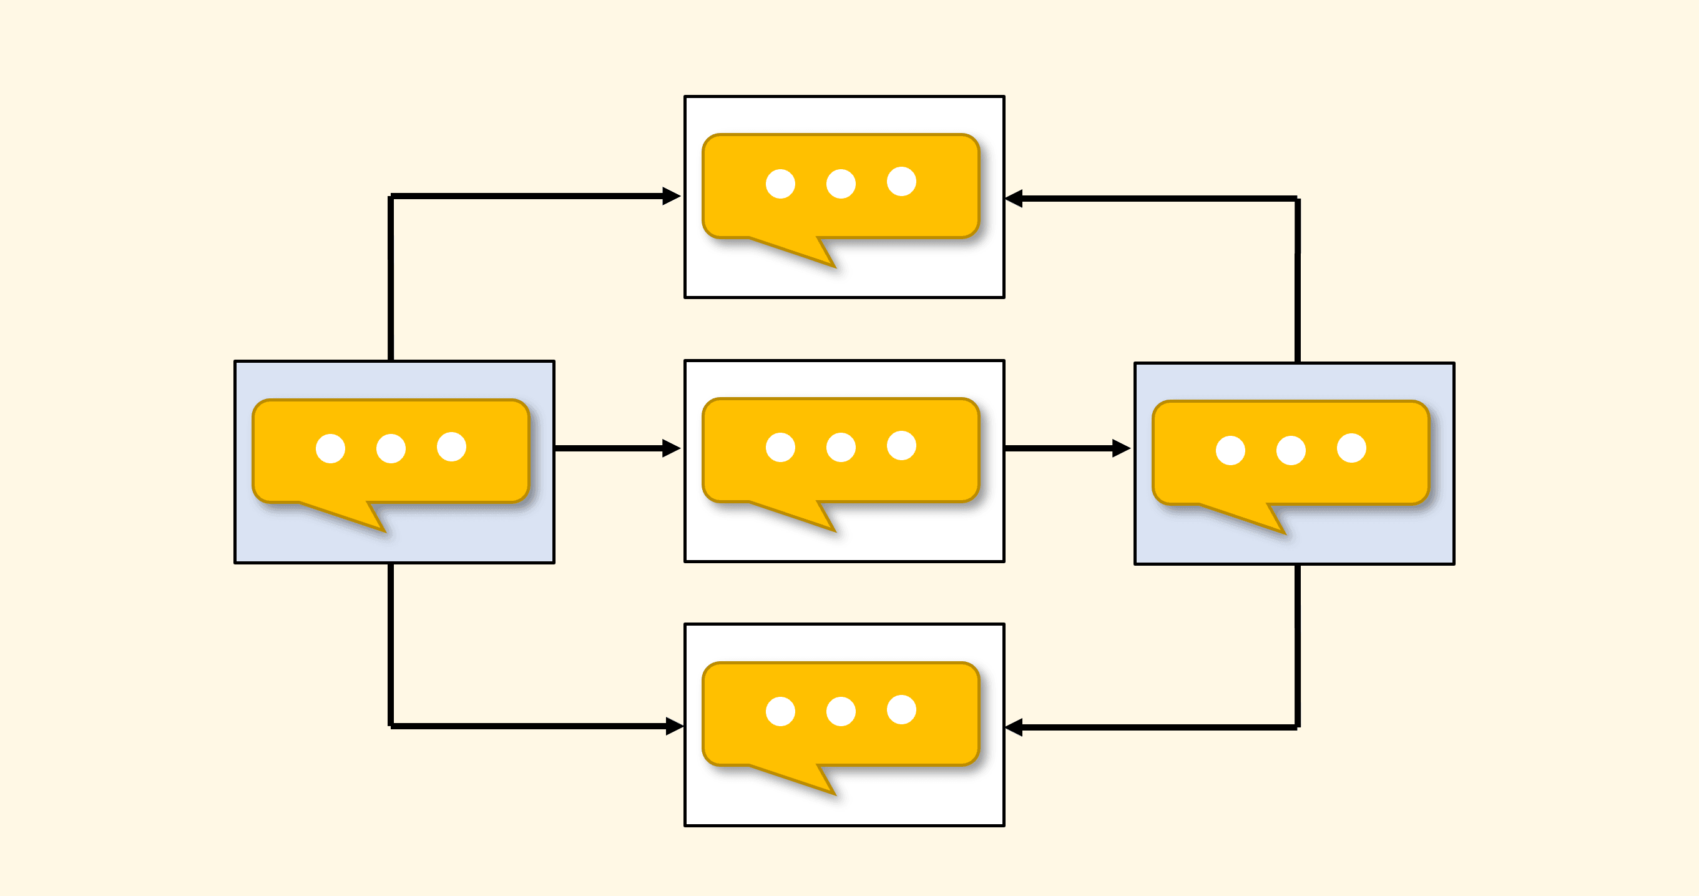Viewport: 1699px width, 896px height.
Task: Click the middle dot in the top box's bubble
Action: pyautogui.click(x=841, y=184)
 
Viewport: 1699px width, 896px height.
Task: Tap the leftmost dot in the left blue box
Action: pyautogui.click(x=330, y=449)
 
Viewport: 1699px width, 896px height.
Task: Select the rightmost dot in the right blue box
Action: pyautogui.click(x=1351, y=448)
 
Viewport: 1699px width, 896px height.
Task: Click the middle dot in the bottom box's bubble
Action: pyautogui.click(x=841, y=711)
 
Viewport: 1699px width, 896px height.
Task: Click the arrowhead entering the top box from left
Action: pyautogui.click(x=672, y=196)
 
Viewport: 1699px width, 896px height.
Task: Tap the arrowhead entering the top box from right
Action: pyautogui.click(x=1014, y=198)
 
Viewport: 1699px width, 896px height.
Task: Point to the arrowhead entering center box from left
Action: pyautogui.click(x=672, y=448)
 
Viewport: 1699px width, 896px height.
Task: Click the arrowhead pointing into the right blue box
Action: pyautogui.click(x=1121, y=448)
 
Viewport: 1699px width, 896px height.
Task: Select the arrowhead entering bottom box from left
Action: pyautogui.click(x=674, y=726)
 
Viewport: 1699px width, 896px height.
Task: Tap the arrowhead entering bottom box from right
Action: pyautogui.click(x=1014, y=727)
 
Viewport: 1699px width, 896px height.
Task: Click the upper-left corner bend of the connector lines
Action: pyautogui.click(x=391, y=197)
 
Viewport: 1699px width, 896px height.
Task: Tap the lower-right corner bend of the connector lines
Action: pyautogui.click(x=1297, y=727)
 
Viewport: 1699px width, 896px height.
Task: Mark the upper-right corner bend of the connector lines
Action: pyautogui.click(x=1297, y=199)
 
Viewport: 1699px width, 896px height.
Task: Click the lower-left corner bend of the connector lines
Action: pyautogui.click(x=391, y=726)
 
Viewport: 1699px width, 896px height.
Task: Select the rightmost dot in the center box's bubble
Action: pyautogui.click(x=901, y=445)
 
